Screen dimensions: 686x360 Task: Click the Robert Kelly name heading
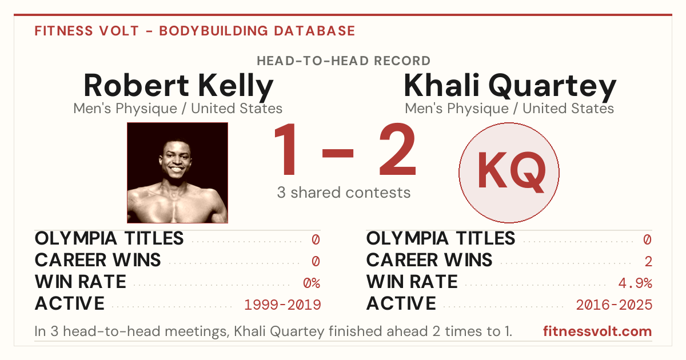178,86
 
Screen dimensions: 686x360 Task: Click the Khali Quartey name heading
510,86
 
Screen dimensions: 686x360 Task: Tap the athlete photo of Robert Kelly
177,173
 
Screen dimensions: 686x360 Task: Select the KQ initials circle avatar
509,173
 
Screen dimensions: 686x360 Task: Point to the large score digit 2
397,149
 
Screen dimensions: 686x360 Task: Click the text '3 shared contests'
344,193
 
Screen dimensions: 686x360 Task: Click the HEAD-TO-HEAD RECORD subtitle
344,61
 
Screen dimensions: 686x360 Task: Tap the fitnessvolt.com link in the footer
597,331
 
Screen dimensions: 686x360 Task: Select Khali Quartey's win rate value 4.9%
635,283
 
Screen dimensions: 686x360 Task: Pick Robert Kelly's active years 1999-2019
282,305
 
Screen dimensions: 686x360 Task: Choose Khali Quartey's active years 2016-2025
614,305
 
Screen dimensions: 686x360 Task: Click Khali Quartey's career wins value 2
648,262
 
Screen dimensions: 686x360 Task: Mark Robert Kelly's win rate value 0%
312,283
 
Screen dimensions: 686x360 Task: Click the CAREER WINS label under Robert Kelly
98,260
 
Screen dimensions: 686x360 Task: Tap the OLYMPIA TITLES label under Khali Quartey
441,238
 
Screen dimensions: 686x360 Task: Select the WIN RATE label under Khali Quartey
412,282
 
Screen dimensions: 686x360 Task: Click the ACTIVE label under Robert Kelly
70,303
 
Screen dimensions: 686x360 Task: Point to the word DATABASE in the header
314,31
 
